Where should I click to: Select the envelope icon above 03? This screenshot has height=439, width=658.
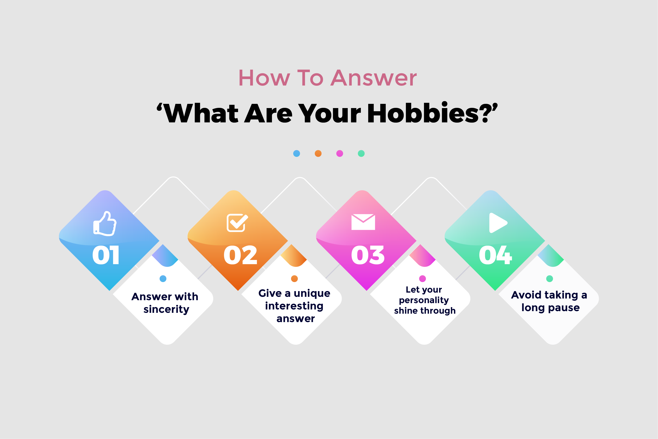363,222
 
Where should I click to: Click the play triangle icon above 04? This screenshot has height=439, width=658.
497,223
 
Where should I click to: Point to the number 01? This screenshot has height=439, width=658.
106,255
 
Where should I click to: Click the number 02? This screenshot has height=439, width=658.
240,255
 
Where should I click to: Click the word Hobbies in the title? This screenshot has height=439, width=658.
423,113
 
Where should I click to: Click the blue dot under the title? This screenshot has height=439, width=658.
297,153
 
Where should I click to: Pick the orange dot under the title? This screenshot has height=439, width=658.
318,153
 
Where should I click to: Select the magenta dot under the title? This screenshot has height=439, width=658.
340,153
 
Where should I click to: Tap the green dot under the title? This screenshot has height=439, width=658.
361,153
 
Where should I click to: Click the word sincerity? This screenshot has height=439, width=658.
166,309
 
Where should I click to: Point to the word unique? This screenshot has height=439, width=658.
312,293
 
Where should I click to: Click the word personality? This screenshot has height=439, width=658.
424,300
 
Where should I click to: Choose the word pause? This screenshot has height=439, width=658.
564,308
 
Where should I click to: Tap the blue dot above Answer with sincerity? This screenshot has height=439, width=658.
163,278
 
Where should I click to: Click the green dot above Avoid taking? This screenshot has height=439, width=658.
549,278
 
